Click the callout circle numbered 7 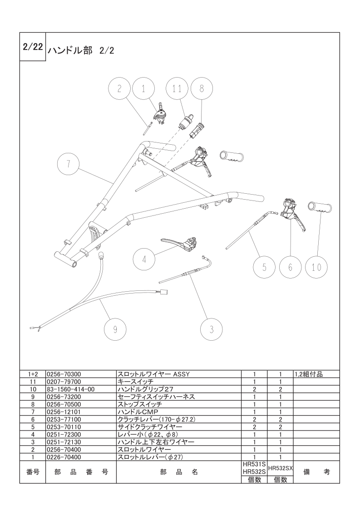tap(68, 164)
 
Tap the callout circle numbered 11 tap(177, 88)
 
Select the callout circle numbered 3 tap(212, 329)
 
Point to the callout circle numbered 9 tap(115, 329)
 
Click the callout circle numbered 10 tap(316, 267)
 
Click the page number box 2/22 tap(33, 47)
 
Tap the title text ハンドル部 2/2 tap(81, 51)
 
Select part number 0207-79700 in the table tap(64, 382)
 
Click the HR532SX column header tap(281, 468)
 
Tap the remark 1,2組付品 tap(309, 374)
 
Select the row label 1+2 tap(33, 374)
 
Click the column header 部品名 tap(179, 472)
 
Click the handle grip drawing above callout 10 tap(320, 207)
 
